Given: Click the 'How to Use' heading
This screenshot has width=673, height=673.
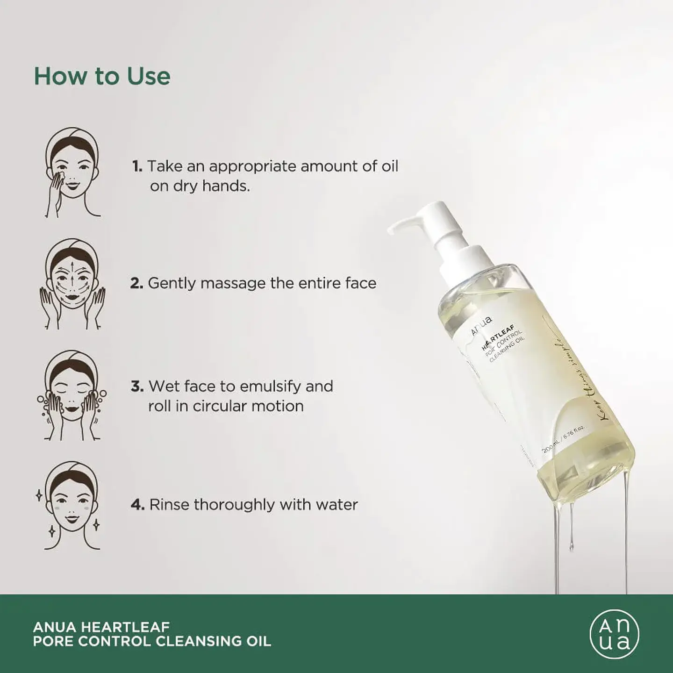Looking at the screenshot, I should (x=102, y=76).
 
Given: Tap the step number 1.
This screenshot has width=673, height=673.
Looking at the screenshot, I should (x=136, y=166).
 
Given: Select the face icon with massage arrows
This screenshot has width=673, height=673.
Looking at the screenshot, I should (x=72, y=284).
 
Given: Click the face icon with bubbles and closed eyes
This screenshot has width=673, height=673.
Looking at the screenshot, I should (x=72, y=395).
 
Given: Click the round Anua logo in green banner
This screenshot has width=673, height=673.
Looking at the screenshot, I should (x=614, y=634).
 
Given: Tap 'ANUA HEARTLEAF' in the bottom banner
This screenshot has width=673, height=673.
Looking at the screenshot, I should (x=101, y=627).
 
